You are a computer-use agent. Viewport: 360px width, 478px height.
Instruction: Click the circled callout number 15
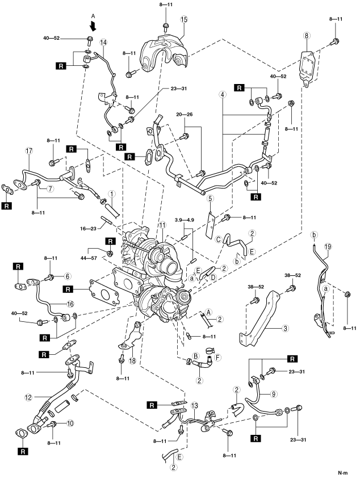click(183, 19)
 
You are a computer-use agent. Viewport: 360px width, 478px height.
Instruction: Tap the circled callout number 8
click(307, 35)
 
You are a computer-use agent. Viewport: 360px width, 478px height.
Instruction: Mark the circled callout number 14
click(103, 42)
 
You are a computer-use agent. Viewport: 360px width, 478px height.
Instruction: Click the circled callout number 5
click(210, 199)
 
